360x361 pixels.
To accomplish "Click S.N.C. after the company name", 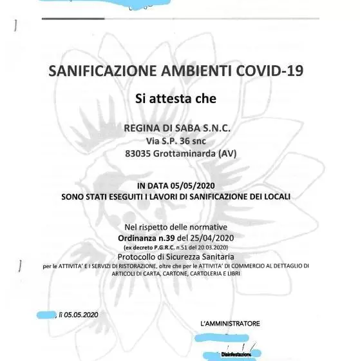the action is (212, 128).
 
